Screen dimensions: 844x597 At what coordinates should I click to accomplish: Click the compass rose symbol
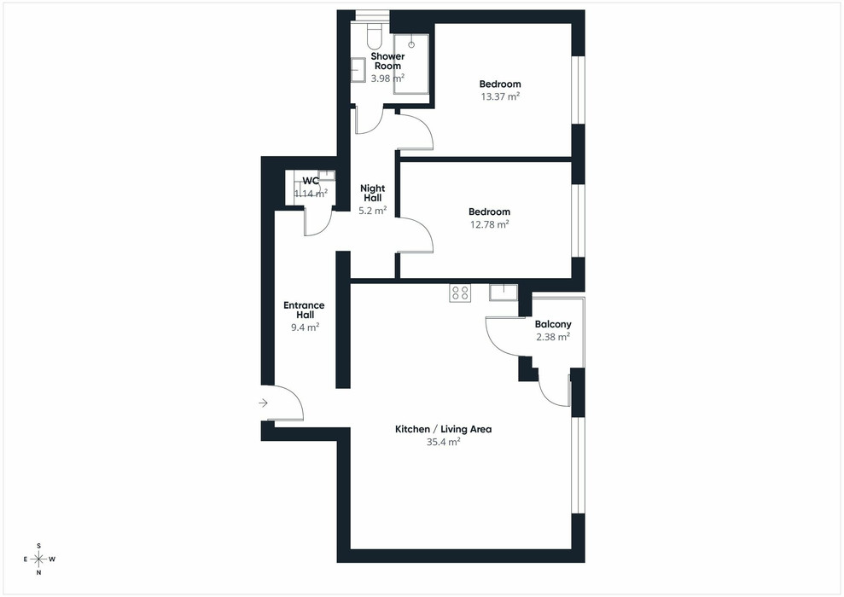38,559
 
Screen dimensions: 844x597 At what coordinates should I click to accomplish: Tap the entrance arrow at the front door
263,403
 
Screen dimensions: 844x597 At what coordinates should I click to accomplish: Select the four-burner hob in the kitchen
460,293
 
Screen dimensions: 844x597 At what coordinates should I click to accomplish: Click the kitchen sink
503,293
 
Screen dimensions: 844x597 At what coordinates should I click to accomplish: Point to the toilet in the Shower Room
375,36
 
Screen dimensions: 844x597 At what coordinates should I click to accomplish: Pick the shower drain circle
412,44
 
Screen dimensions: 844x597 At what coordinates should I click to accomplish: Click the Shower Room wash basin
358,70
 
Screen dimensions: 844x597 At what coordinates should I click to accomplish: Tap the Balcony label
553,324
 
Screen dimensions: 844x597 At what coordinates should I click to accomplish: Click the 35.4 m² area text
444,442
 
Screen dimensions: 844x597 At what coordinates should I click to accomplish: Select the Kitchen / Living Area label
444,429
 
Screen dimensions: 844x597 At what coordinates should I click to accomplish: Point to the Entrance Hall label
304,310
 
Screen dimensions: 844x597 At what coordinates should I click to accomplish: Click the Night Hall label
372,193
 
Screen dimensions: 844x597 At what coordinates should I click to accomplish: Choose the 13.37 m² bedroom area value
500,97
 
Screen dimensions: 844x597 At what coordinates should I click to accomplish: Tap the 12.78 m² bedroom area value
490,224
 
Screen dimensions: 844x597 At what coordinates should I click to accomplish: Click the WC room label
311,181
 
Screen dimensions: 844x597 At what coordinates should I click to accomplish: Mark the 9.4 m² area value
306,327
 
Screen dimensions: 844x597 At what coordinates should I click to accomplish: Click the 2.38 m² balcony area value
553,337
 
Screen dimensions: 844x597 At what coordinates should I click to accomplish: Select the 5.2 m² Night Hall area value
372,211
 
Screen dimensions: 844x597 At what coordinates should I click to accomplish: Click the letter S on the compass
38,546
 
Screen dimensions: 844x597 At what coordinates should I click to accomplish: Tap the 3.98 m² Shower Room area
387,78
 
